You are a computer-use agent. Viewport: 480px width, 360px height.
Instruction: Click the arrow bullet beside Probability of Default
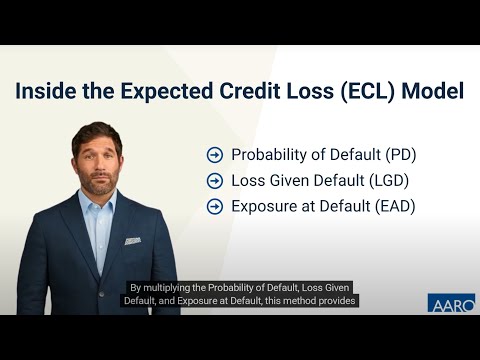214,155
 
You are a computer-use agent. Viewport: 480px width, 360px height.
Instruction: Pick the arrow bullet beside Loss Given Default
214,181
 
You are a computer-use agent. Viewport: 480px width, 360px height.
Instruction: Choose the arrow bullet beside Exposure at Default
214,207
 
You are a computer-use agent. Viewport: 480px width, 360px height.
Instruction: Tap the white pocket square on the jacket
132,241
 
